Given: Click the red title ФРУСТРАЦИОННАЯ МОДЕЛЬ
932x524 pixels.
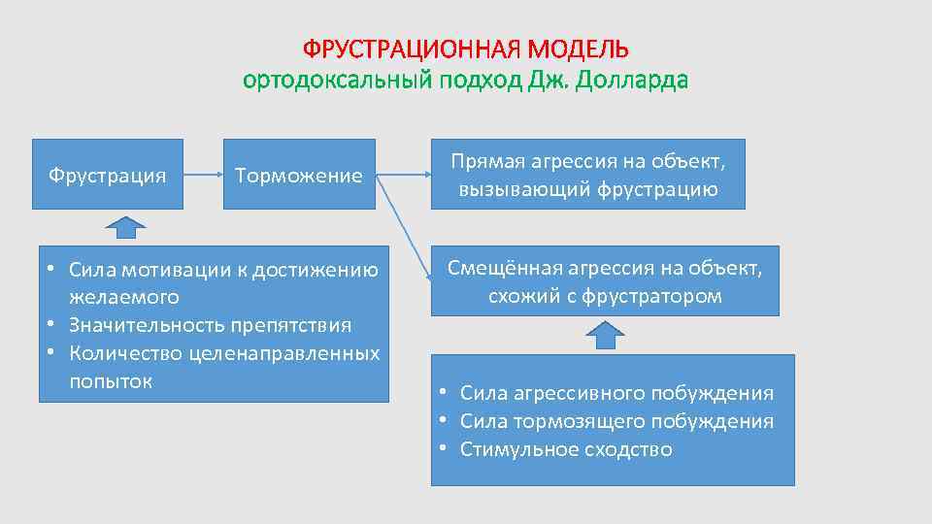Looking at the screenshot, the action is (465, 49).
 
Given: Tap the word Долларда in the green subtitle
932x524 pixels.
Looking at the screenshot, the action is (632, 81).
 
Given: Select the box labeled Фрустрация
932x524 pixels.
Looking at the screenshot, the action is (107, 175).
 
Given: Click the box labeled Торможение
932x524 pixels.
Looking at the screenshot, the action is (299, 175).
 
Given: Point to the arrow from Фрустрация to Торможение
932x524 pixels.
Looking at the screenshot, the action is (202, 176).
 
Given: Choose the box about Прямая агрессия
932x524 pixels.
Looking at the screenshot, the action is (587, 175).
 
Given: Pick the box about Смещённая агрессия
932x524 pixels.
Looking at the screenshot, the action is (604, 281).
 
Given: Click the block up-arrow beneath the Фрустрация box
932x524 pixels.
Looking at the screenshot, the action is (125, 226).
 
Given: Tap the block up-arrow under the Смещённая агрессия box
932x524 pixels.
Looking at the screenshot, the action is (605, 334).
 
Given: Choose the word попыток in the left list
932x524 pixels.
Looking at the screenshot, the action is (111, 380).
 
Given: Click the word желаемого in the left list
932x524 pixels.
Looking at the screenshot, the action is (124, 296).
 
